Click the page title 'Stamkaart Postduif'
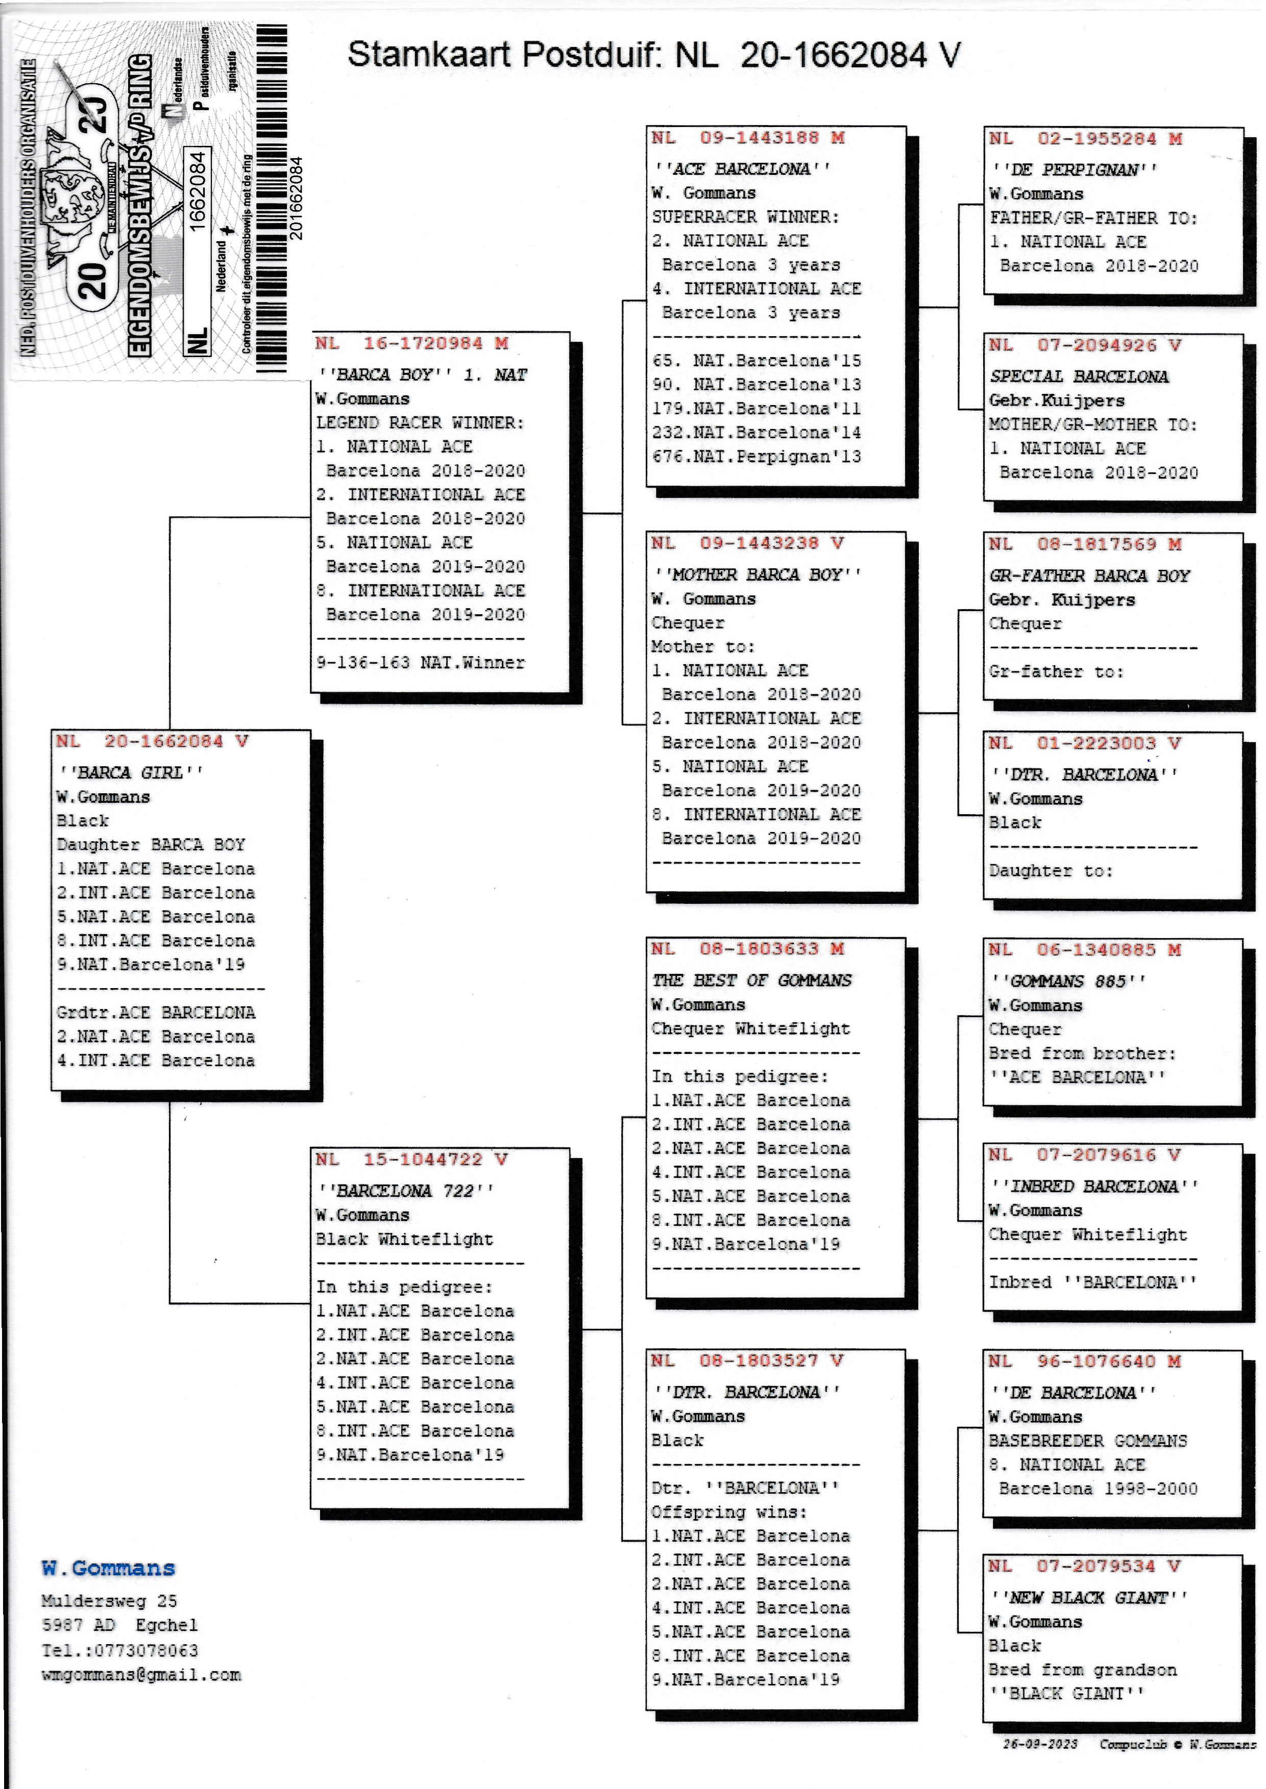pyautogui.click(x=505, y=55)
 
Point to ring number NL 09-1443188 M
pyautogui.click(x=748, y=138)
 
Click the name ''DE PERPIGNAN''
pyautogui.click(x=1074, y=170)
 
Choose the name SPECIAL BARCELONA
pyautogui.click(x=1079, y=376)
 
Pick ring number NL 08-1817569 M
pyautogui.click(x=1086, y=544)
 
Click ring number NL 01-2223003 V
pyautogui.click(x=1085, y=743)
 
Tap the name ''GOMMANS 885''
pyautogui.click(x=1067, y=981)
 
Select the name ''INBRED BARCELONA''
pyautogui.click(x=1094, y=1186)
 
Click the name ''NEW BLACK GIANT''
pyautogui.click(x=1088, y=1597)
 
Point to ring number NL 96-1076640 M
pyautogui.click(x=1085, y=1361)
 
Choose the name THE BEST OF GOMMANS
pyautogui.click(x=751, y=980)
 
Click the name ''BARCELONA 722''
pyautogui.click(x=405, y=1191)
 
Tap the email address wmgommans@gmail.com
pyautogui.click(x=141, y=1674)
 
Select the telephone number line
pyautogui.click(x=120, y=1650)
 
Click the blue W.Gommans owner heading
pyautogui.click(x=108, y=1568)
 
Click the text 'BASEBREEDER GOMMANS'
pyautogui.click(x=1087, y=1441)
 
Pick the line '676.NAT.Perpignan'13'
pyautogui.click(x=756, y=457)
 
